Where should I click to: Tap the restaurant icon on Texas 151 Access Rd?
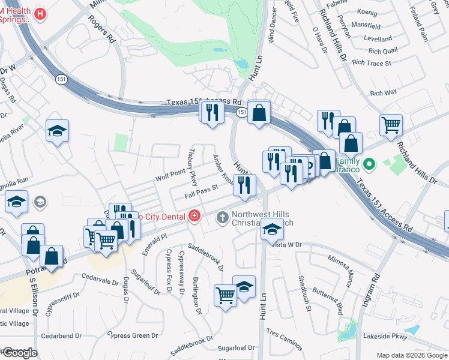[x=211, y=112]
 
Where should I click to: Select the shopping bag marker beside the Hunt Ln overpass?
[x=259, y=112]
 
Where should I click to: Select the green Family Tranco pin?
[x=370, y=163]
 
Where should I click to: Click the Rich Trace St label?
[x=372, y=62]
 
